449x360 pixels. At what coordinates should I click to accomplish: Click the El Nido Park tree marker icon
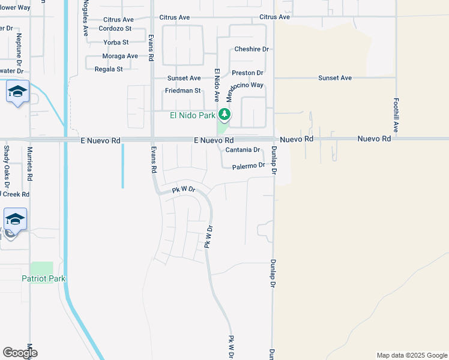[x=224, y=113]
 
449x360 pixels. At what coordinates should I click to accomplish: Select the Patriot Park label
[x=43, y=278]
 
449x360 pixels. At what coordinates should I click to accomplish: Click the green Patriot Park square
[x=41, y=268]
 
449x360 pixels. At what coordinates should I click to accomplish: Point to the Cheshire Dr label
[x=251, y=49]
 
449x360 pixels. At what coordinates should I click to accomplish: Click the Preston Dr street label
[x=247, y=73]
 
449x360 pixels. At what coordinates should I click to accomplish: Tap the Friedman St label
[x=182, y=91]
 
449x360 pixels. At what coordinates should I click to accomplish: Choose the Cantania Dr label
[x=243, y=150]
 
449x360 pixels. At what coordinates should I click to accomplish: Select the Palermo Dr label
[x=249, y=165]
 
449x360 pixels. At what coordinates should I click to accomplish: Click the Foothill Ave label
[x=397, y=115]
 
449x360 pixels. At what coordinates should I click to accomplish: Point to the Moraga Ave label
[x=120, y=56]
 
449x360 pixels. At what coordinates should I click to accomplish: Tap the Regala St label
[x=109, y=69]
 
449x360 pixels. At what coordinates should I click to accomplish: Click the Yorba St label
[x=116, y=43]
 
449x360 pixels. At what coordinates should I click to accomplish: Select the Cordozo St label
[x=115, y=29]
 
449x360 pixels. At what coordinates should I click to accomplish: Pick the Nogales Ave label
[x=86, y=18]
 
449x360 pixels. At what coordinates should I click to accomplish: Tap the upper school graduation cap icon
[x=17, y=92]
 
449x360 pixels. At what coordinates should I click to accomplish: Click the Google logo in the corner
[x=19, y=353]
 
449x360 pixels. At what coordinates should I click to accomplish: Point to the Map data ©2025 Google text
[x=412, y=355]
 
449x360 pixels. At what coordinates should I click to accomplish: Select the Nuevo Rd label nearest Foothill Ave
[x=374, y=139]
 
